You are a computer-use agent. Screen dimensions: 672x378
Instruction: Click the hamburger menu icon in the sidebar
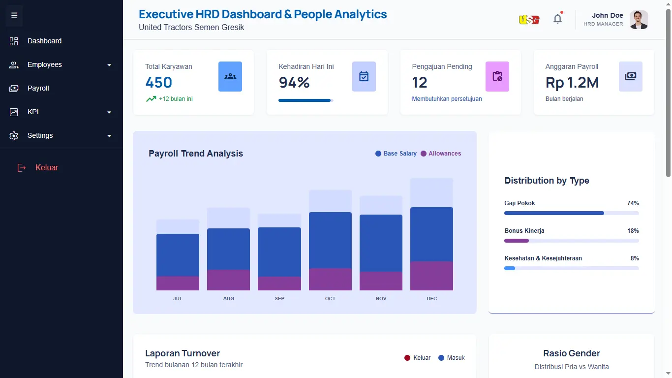(14, 15)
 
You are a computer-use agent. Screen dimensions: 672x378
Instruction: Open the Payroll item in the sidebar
(38, 88)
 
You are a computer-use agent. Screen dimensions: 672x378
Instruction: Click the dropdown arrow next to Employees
(109, 65)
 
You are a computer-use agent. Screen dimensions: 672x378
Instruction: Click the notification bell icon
(557, 19)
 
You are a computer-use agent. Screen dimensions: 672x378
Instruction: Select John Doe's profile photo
(639, 20)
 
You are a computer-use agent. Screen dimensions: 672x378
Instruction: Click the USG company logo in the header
(529, 20)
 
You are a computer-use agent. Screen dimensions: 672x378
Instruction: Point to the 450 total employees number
(159, 82)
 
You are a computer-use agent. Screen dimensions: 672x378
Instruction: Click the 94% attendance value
(294, 82)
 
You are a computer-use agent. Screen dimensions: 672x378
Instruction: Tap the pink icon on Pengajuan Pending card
(497, 76)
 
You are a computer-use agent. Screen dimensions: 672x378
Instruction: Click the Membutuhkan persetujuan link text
(447, 99)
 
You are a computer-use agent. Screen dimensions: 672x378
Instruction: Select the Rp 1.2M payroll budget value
(572, 83)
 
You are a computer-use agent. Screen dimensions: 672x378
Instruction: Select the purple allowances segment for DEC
(432, 276)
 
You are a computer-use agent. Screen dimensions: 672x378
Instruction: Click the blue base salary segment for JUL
(178, 255)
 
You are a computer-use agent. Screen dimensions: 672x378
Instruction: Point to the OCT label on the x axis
(330, 298)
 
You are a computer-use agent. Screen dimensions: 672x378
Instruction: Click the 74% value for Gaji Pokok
(633, 203)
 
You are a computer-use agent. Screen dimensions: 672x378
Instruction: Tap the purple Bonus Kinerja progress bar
(517, 241)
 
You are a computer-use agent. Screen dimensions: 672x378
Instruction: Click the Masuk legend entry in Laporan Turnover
(452, 358)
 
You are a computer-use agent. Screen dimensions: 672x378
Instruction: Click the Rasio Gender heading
(572, 353)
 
